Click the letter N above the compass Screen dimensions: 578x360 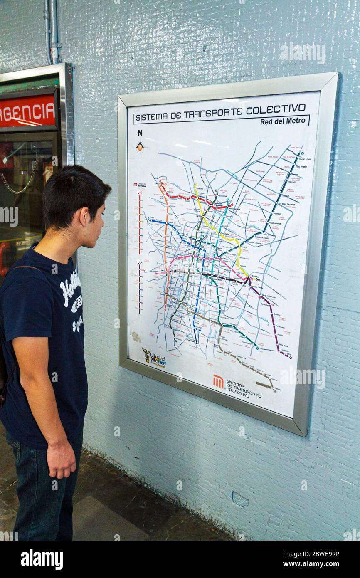pos(140,133)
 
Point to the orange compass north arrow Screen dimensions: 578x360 pos(140,146)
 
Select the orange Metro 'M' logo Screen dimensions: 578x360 pos(218,381)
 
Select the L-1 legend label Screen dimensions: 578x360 pos(140,192)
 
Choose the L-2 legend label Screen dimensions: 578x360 pos(140,262)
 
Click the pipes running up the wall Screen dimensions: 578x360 pos(53,31)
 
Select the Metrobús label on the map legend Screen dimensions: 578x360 pos(142,185)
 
